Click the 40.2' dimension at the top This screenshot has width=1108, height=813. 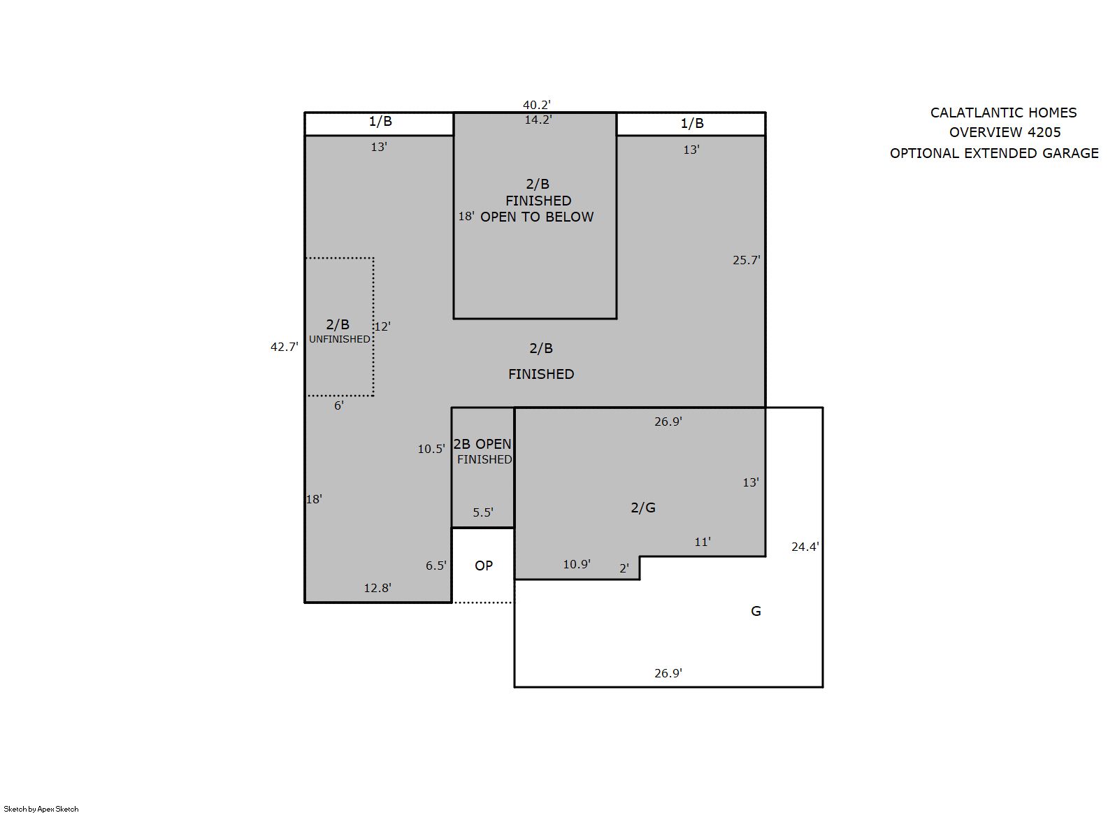pos(537,105)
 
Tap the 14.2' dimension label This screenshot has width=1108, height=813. pos(538,120)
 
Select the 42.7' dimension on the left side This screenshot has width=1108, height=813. pos(285,347)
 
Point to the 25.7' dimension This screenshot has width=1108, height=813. pos(747,260)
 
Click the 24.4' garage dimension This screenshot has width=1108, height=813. pos(805,547)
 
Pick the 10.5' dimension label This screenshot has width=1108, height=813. pos(431,449)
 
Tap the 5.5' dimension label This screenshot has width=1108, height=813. pos(483,512)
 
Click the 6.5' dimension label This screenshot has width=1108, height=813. pos(436,566)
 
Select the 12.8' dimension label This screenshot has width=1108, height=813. pos(377,588)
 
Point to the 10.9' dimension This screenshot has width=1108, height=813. pos(577,564)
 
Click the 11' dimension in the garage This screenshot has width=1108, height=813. pos(703,542)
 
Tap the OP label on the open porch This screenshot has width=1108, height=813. pos(484,566)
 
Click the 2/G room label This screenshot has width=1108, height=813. pos(643,508)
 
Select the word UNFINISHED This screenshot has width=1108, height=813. pos(339,339)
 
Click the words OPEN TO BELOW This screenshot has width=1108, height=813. pos(537,217)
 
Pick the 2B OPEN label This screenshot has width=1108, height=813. pos(482,444)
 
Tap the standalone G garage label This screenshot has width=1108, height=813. pos(756,611)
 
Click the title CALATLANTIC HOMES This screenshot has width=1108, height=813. pos(1004,113)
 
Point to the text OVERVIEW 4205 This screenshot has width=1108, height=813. pos(1005,133)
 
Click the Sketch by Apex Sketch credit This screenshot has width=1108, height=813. pos(41,809)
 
